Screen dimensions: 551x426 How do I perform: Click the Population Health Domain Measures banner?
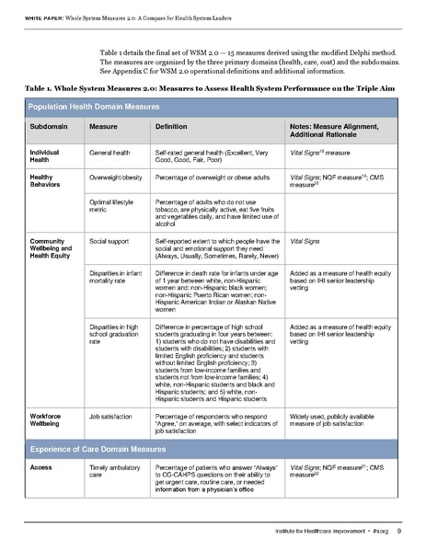[x=92, y=108]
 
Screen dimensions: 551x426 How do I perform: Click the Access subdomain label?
[x=42, y=443]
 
